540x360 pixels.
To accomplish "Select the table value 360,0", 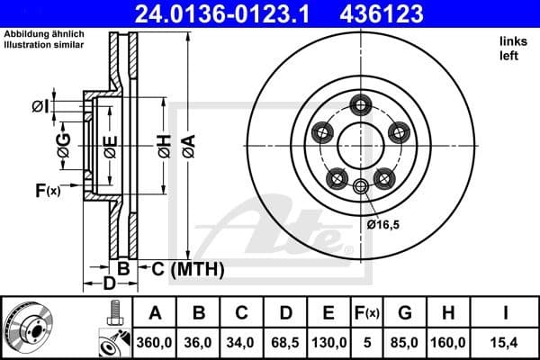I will tap(155, 343).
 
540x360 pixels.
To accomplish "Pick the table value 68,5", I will tap(285, 343).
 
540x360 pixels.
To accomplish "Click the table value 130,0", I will tap(329, 343).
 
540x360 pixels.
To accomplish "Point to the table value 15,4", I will tap(505, 343).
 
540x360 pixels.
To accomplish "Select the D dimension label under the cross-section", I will tap(109, 284).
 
